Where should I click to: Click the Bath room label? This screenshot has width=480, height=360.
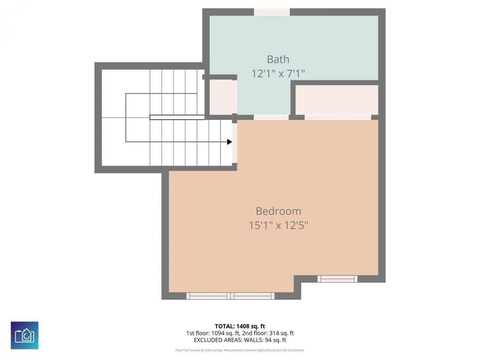278,59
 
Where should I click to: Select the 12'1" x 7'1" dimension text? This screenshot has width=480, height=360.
278,73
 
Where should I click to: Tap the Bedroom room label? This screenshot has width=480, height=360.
278,211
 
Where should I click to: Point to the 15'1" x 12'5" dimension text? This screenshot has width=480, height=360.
278,225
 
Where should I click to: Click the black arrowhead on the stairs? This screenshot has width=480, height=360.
229,142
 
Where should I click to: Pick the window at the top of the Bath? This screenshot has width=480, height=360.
272,12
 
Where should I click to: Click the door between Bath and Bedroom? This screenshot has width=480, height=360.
271,117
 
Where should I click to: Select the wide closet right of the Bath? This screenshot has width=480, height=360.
337,100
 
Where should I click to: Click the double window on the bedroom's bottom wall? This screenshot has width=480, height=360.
231,296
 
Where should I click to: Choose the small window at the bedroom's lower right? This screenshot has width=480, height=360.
337,279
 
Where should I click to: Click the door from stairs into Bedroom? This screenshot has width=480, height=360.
234,143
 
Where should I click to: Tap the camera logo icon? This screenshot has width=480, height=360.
24,335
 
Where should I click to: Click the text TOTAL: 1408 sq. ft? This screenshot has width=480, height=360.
240,326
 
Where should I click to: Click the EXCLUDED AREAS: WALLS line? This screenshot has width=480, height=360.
240,340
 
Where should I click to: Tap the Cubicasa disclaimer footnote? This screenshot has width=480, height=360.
240,350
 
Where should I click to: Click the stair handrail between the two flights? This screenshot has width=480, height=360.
177,117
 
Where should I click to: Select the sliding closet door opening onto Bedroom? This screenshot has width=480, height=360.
337,117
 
